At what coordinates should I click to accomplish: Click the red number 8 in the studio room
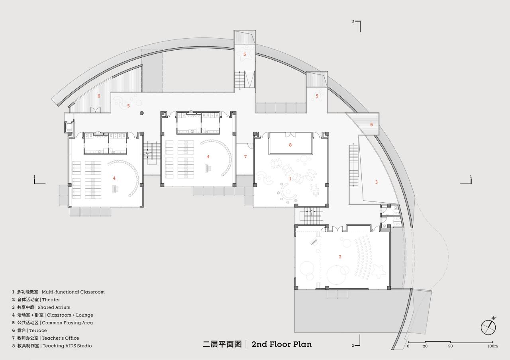[290, 145]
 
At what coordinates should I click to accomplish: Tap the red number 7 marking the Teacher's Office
[245, 157]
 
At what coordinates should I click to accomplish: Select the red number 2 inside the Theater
[340, 257]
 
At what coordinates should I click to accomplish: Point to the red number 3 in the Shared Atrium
[376, 182]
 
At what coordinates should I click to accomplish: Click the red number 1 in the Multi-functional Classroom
[290, 179]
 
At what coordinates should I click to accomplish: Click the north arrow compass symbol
[488, 327]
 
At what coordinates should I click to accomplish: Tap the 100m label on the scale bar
[492, 346]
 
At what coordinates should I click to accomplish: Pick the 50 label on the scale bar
[450, 346]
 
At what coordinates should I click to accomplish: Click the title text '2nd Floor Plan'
[282, 344]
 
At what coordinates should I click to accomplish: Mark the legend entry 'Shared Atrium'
[56, 307]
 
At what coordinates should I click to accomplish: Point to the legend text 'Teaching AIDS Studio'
[67, 346]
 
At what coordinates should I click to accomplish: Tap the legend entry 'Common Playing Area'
[67, 323]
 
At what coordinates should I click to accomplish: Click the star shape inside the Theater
[379, 270]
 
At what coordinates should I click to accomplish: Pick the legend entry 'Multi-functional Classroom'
[73, 292]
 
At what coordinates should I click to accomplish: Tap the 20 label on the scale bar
[425, 346]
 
